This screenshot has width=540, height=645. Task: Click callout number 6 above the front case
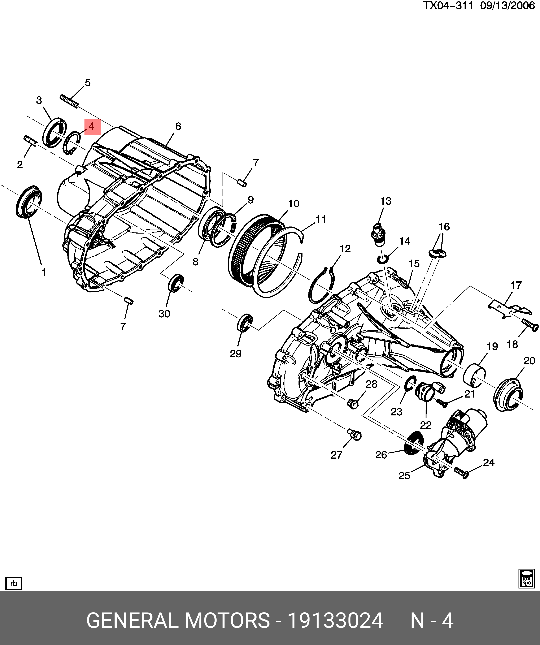(178, 126)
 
